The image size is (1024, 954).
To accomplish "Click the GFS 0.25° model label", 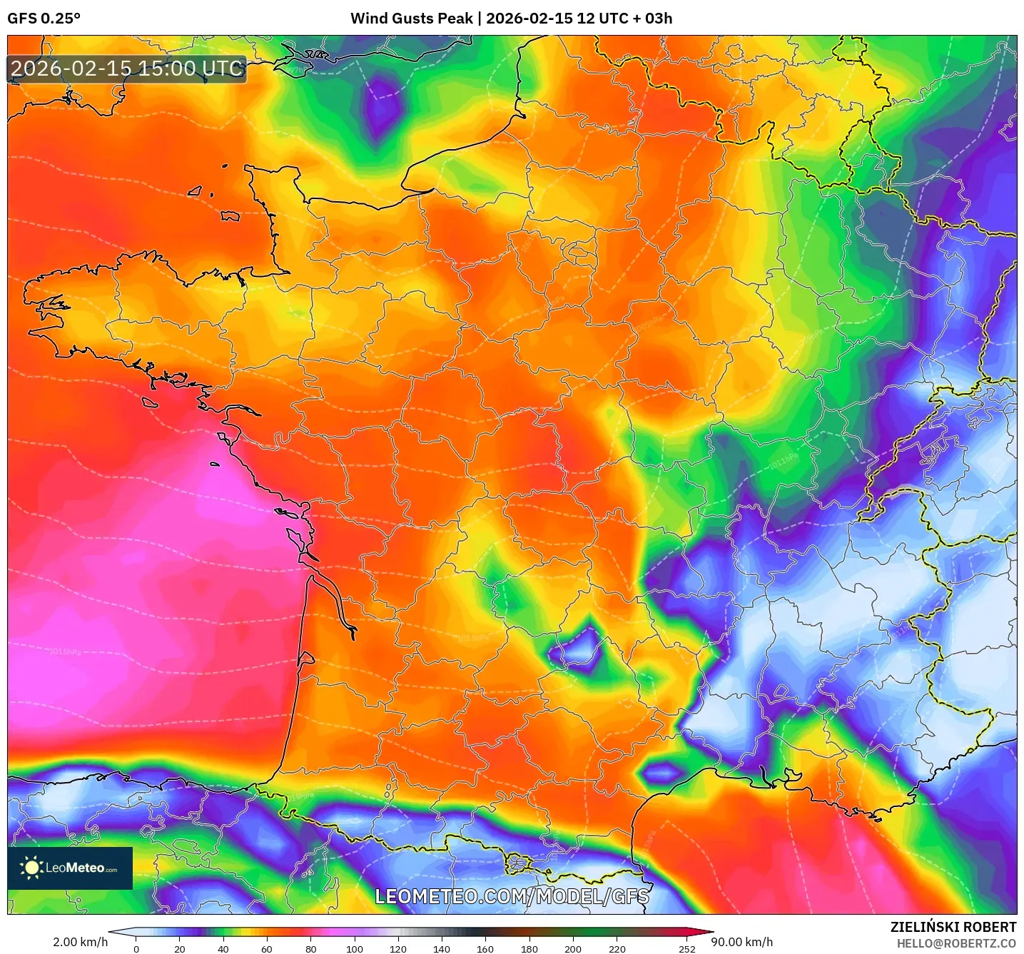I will click(x=44, y=19).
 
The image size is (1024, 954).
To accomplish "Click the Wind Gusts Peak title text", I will click(x=511, y=19).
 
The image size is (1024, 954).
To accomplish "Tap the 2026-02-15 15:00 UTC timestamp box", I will click(x=127, y=69).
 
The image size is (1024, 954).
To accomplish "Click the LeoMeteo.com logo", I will click(x=70, y=868).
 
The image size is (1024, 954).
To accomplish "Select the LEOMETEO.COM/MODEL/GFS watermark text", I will click(x=512, y=896).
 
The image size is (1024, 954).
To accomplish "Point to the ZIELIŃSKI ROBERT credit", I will click(x=953, y=927).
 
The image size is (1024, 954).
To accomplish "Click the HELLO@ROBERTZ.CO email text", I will click(x=955, y=943).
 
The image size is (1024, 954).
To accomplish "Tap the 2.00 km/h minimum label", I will click(x=80, y=942).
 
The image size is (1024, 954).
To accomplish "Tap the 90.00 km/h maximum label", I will click(x=742, y=942).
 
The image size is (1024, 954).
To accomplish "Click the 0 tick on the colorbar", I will click(x=136, y=948).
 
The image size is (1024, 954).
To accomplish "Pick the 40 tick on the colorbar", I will click(x=223, y=948).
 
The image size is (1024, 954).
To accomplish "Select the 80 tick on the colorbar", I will click(x=310, y=948).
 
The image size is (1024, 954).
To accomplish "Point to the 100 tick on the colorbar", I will click(x=355, y=948).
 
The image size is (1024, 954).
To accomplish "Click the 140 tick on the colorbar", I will click(x=442, y=948).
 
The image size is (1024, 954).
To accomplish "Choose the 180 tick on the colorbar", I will click(x=529, y=948).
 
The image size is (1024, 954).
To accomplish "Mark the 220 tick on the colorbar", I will click(x=617, y=948).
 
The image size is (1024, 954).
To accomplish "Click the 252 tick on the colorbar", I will click(x=686, y=948).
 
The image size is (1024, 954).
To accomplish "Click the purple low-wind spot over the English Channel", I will click(x=382, y=106).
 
